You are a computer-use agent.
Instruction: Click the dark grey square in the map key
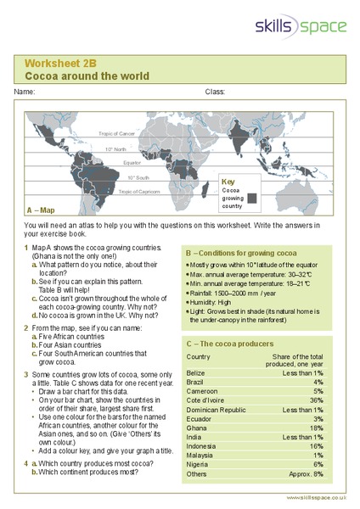[253, 198]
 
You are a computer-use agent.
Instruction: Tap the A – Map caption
[41, 210]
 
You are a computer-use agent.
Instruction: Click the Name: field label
[25, 91]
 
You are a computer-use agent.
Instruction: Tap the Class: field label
[215, 91]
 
